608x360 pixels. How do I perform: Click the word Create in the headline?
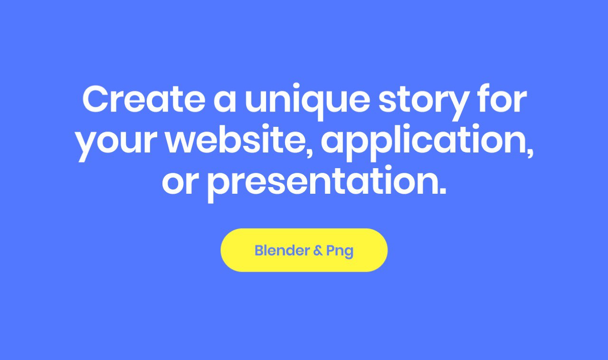coord(144,99)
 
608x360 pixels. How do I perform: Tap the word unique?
coord(307,102)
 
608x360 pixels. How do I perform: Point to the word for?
coord(503,98)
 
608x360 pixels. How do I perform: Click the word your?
coord(117,144)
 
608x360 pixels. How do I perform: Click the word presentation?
coord(323,184)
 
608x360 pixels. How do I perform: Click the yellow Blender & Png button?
coord(304,250)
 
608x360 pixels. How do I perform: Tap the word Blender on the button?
coord(282,250)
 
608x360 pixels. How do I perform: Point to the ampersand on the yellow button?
coord(318,251)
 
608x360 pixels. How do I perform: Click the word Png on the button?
coord(340,252)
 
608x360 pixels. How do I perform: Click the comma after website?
coord(309,152)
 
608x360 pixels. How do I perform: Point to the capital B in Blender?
coord(259,250)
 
